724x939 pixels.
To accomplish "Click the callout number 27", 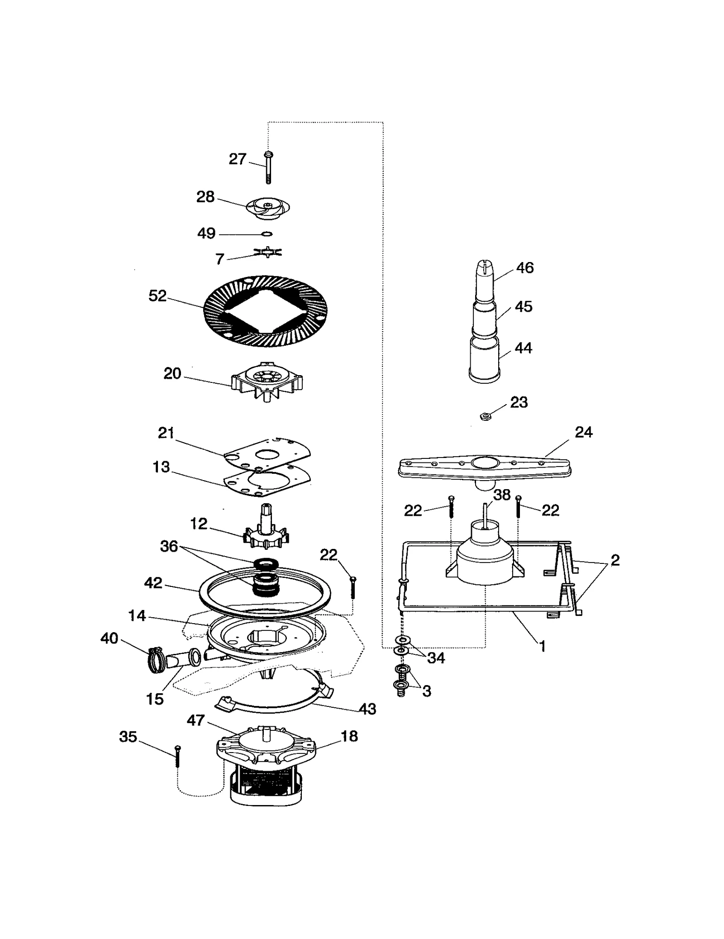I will (237, 159).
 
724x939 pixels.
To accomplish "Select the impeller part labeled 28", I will (268, 209).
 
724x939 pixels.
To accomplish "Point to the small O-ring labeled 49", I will (267, 234).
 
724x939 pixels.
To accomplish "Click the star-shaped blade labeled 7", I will (268, 252).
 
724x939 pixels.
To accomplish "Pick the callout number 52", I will (157, 296).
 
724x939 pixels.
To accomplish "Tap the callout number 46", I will (525, 268).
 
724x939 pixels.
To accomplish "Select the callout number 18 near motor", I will (349, 736).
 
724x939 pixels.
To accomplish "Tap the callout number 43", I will (367, 709).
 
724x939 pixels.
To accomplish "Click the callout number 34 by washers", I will (436, 658).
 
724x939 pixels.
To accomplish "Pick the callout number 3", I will (426, 691).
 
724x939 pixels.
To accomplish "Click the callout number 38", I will (502, 495).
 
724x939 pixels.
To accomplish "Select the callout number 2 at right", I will (614, 560).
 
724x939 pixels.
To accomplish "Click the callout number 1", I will (542, 647).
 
